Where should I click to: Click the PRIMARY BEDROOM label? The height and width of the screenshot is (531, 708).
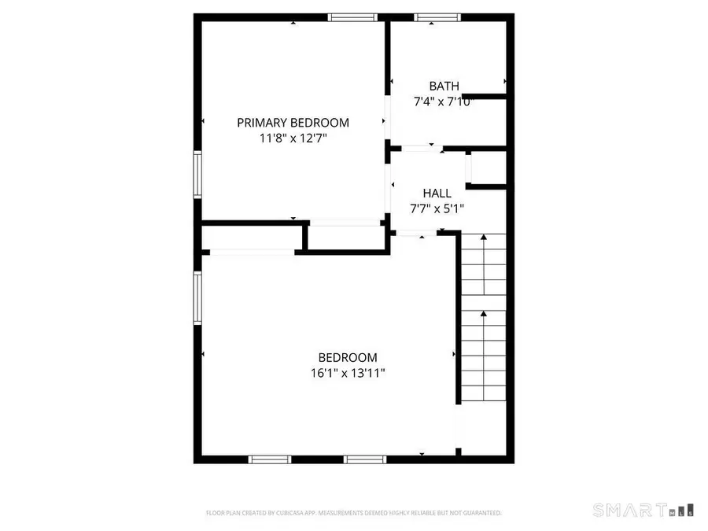293,123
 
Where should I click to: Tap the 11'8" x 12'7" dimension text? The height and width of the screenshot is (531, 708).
293,138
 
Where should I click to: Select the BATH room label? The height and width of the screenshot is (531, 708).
444,86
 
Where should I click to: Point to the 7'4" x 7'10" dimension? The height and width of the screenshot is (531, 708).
444,101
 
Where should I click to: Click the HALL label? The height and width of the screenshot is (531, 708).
437,193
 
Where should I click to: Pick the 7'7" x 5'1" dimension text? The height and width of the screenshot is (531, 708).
437,208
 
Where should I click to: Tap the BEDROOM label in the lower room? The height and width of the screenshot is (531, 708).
347,356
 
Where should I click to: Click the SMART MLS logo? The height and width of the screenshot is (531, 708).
644,509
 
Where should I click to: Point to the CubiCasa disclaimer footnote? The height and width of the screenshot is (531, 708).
354,513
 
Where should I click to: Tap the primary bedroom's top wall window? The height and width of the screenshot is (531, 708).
352,17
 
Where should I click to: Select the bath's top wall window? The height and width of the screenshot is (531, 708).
437,17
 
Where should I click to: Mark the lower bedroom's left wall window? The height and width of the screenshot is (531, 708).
198,298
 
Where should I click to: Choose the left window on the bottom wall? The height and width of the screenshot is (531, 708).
271,459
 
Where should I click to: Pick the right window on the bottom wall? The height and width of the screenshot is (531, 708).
366,459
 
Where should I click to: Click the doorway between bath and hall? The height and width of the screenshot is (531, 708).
422,147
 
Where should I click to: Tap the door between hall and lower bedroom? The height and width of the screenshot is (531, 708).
417,233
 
